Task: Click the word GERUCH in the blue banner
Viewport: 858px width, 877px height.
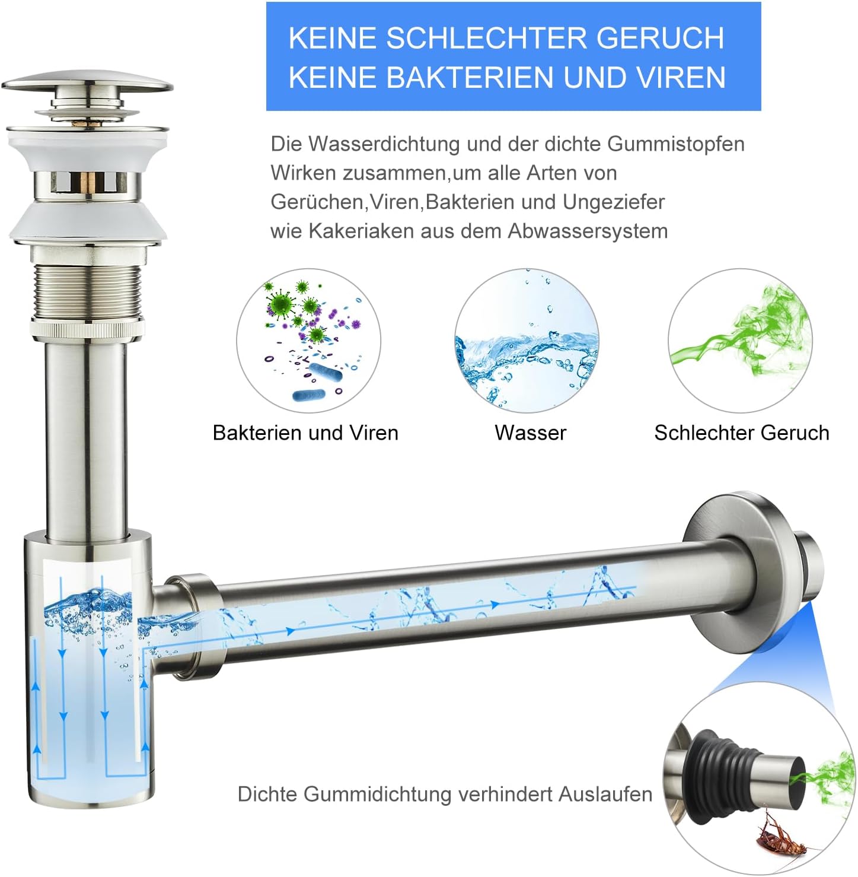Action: tap(660, 38)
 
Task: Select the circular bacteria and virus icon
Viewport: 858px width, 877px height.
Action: tap(308, 341)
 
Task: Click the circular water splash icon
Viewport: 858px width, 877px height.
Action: tap(527, 341)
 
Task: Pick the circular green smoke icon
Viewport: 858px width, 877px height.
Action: tap(741, 341)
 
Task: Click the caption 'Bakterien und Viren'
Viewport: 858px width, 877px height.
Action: tap(305, 433)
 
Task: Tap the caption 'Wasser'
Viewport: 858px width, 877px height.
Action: tap(530, 433)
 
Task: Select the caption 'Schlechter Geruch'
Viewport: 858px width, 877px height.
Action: tap(742, 433)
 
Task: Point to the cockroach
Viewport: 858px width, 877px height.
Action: tap(779, 833)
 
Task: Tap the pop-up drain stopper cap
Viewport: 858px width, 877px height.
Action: tap(87, 87)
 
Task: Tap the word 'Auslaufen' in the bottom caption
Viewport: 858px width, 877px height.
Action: tap(605, 794)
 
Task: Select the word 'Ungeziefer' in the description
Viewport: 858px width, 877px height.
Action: tap(614, 202)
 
